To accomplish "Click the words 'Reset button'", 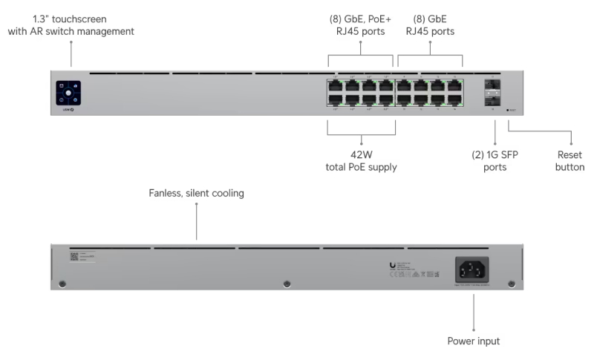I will (570, 161).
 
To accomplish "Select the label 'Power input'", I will (474, 341).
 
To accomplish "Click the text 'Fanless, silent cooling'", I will (197, 193).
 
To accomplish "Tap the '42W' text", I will (361, 155).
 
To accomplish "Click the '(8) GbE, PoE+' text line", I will (361, 19).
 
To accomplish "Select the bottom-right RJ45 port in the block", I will (454, 100).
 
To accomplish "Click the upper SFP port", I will (490, 85).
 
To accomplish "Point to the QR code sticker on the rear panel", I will (74, 256).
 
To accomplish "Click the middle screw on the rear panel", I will (287, 284).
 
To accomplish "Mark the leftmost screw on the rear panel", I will (62, 284).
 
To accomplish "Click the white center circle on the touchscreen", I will (68, 93).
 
